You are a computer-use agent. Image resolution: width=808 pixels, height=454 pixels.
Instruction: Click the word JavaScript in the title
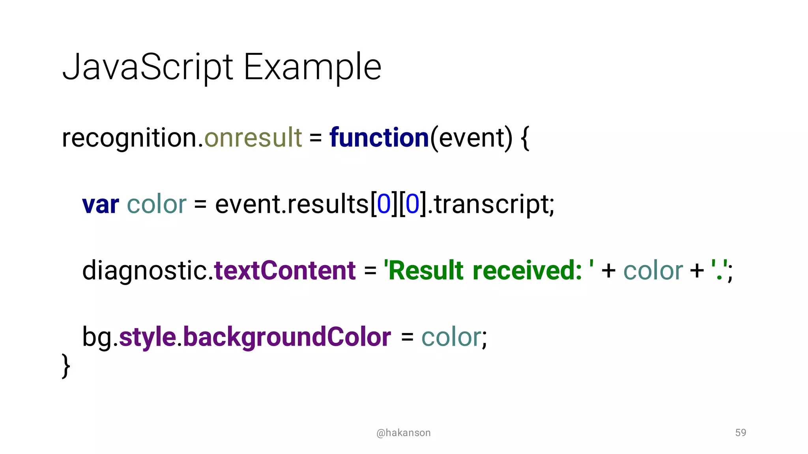[x=148, y=67]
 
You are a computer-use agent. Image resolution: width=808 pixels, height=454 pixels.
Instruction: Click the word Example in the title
[x=312, y=67]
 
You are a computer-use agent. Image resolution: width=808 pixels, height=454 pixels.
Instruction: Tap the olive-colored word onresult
[x=253, y=138]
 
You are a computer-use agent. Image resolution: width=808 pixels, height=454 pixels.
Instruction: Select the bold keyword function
[x=379, y=138]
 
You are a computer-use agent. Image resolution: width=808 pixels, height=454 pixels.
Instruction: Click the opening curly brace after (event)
[x=525, y=138]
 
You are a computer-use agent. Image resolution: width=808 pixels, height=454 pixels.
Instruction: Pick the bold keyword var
[x=100, y=205]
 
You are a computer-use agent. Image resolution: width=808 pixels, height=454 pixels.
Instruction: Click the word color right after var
[x=157, y=205]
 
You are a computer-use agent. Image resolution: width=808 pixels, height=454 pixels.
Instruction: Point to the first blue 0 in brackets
[x=383, y=204]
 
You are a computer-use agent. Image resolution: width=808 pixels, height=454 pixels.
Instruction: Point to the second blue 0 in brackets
[x=412, y=204]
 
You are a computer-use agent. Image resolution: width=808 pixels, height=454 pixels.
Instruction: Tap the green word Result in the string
[x=426, y=271]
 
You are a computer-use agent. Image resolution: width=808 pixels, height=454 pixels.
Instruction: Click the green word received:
[x=527, y=271]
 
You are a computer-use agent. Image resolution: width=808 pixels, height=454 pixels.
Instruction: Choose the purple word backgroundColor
[x=287, y=337]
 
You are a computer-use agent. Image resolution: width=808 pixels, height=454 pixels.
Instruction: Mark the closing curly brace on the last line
[x=66, y=366]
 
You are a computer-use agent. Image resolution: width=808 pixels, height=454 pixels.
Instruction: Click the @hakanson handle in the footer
[x=403, y=433]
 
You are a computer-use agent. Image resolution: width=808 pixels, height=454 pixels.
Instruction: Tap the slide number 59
[x=741, y=432]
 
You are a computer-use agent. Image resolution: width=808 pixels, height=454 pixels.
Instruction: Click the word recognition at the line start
[x=129, y=138]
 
